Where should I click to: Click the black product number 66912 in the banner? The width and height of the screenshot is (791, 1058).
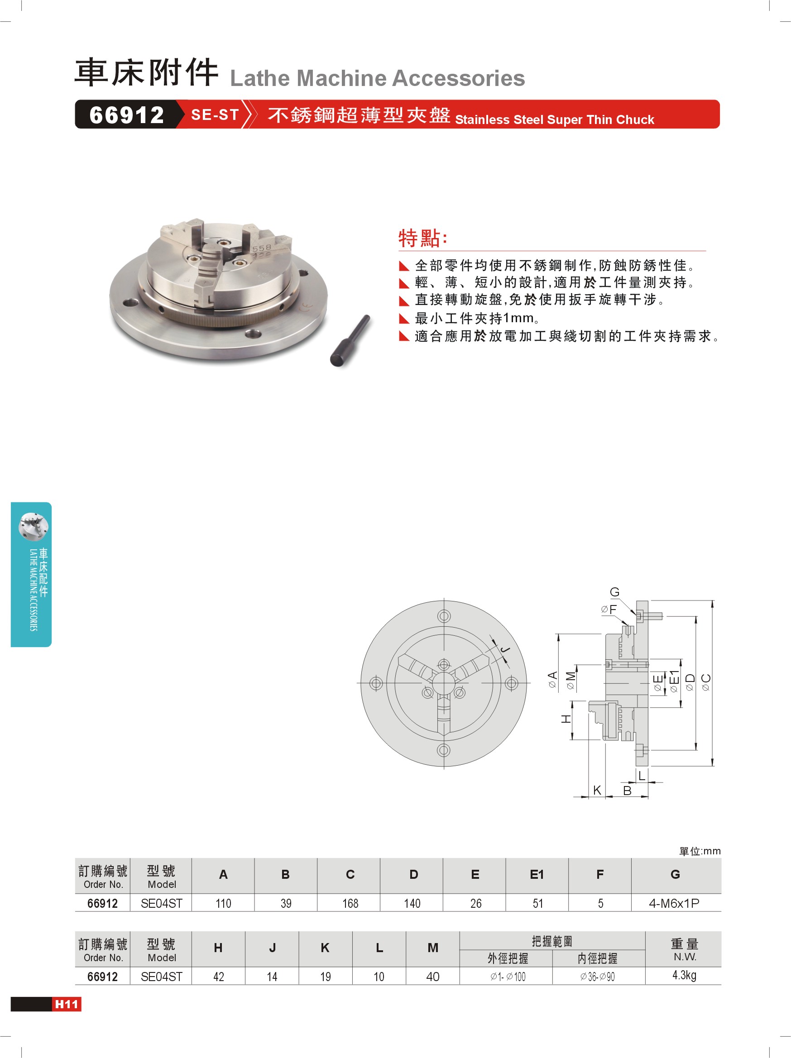point(127,115)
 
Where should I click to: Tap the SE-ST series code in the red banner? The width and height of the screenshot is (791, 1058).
point(215,115)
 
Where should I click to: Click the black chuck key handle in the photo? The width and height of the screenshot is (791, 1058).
point(350,341)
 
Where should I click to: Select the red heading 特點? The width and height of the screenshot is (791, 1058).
point(423,238)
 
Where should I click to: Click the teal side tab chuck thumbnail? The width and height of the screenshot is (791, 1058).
point(33,527)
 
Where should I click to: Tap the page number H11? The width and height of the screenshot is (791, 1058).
point(67,1004)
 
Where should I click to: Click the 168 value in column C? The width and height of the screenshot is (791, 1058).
point(350,903)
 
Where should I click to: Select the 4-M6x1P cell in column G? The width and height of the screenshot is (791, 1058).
point(674,903)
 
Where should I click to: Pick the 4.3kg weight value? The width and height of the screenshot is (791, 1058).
point(684,975)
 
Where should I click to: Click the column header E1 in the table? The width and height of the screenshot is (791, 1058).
point(537,874)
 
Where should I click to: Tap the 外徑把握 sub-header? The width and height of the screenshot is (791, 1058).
point(508,958)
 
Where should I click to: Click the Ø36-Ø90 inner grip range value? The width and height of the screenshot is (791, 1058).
point(597,977)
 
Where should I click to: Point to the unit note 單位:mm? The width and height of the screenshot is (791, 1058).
point(700,851)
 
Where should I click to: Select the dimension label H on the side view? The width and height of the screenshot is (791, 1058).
point(566,719)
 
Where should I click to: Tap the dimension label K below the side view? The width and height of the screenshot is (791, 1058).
point(597,790)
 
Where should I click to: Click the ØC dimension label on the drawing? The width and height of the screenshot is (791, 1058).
point(706,682)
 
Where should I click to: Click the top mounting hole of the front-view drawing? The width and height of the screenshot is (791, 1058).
point(444,616)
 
